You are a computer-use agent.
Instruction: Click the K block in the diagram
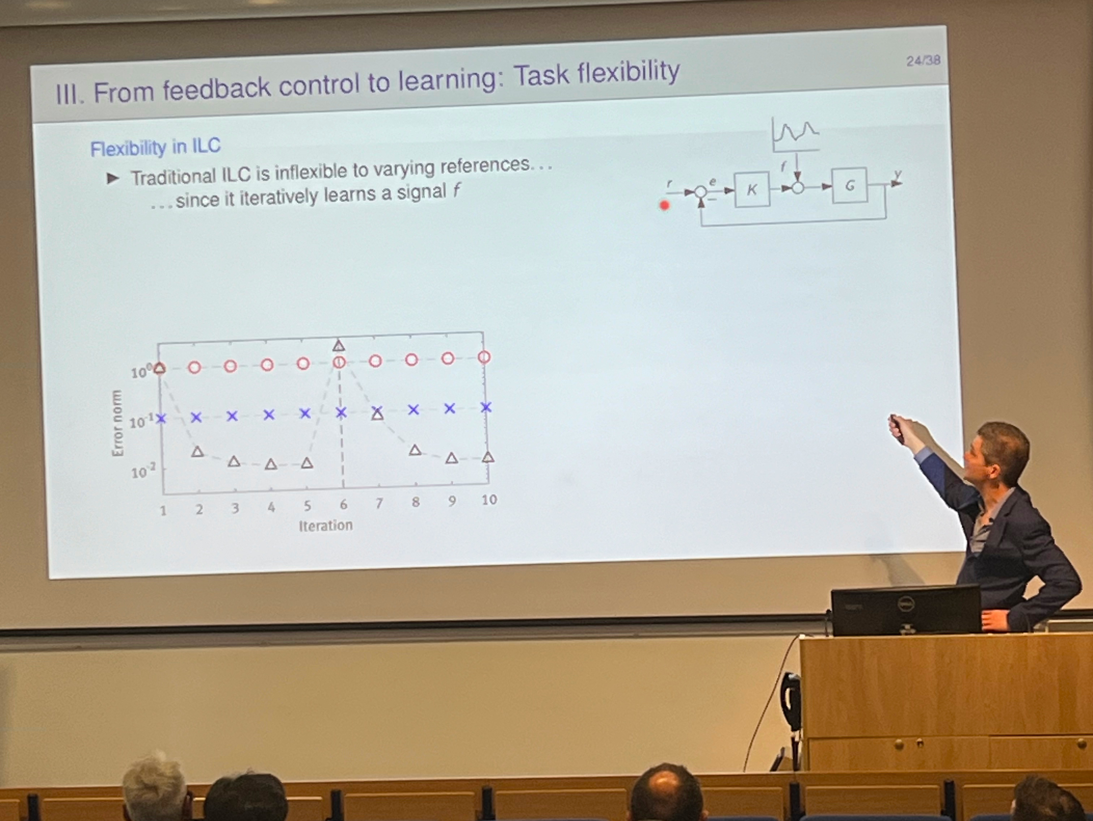tap(751, 189)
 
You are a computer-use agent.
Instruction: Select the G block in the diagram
tap(849, 186)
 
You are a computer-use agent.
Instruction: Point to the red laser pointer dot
tap(665, 205)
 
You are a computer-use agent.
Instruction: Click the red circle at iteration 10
tap(484, 357)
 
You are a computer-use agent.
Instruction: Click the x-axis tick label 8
tap(416, 502)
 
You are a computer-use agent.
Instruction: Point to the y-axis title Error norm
tap(117, 423)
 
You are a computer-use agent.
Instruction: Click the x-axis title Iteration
tap(326, 525)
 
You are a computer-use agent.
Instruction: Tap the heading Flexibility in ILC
tap(155, 147)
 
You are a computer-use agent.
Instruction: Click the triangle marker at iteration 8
tap(415, 450)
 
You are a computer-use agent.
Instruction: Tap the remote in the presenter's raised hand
tap(896, 428)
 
